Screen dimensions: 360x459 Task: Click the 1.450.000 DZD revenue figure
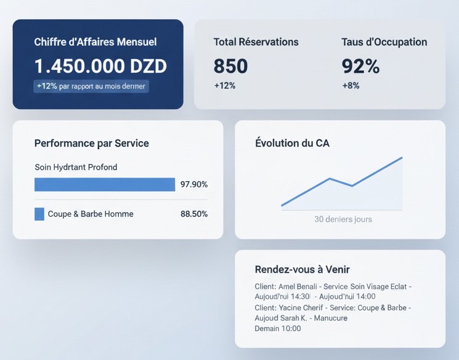tap(100, 67)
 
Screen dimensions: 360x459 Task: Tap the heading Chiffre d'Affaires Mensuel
tap(95, 42)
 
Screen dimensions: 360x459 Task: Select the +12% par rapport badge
tap(91, 86)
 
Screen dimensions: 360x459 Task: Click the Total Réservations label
tap(256, 42)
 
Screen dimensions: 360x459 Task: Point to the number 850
tap(230, 66)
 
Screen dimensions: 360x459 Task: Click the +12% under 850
tap(225, 86)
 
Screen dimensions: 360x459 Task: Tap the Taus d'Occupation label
tap(384, 42)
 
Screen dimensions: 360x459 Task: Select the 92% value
tap(360, 66)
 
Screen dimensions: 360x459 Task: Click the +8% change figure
tap(351, 86)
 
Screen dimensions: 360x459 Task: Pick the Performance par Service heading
tap(92, 143)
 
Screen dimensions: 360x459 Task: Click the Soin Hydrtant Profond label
tap(76, 167)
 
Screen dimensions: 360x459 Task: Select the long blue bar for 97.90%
tap(105, 184)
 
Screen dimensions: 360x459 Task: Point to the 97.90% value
tap(194, 184)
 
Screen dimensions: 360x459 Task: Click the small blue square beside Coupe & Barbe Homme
tap(39, 214)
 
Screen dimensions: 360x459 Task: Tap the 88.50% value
tap(194, 214)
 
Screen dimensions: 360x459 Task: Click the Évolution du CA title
tap(292, 143)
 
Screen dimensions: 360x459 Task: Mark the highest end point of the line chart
tap(402, 157)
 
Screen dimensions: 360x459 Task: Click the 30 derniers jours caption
tap(343, 219)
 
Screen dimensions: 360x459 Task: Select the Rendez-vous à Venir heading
tap(303, 269)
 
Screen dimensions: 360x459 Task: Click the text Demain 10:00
tap(278, 329)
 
